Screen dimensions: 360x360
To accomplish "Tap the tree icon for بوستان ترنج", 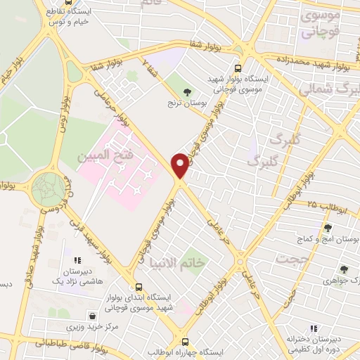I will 187,91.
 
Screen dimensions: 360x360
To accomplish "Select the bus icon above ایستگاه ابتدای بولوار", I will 138,287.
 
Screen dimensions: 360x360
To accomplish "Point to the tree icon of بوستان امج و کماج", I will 327,228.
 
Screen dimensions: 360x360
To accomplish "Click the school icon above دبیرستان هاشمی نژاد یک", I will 67,250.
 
